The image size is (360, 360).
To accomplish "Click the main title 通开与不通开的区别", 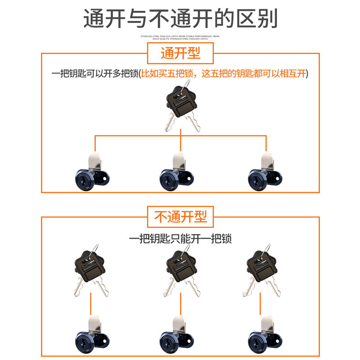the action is coord(180,19).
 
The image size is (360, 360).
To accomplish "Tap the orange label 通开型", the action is coord(180,53).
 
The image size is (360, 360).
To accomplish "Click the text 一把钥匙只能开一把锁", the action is coord(180,238).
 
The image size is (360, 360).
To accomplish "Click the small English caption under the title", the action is coord(180,36).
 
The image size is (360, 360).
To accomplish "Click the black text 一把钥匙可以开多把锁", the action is coord(94,73).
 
